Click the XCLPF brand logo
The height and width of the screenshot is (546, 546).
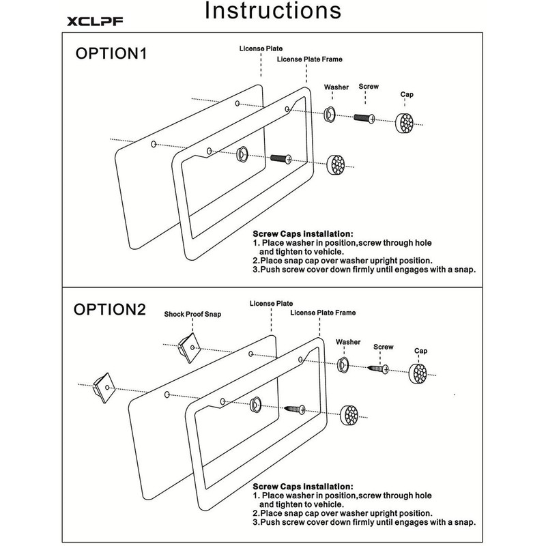(x=95, y=21)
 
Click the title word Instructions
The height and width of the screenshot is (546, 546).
(x=272, y=10)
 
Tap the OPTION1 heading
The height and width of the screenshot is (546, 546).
(x=111, y=53)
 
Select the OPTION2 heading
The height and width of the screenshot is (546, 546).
(x=110, y=309)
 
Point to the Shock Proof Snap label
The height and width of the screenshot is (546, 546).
(x=192, y=314)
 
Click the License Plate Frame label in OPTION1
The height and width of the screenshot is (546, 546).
(x=310, y=59)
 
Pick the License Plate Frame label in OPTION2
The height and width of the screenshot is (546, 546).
(x=323, y=313)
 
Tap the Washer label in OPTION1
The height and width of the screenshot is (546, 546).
(x=336, y=87)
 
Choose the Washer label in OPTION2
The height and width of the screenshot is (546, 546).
(x=348, y=342)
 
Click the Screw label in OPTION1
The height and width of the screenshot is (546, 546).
(x=369, y=87)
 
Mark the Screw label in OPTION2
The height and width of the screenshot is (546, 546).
(x=384, y=347)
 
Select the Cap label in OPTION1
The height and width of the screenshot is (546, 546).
(x=407, y=94)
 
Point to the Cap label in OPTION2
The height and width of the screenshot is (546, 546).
(x=420, y=351)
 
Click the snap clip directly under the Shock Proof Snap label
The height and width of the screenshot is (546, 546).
(x=190, y=347)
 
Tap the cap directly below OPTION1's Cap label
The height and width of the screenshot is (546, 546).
(x=405, y=123)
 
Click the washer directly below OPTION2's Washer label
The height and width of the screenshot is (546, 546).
(x=343, y=364)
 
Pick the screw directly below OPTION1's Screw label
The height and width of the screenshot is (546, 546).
(x=364, y=118)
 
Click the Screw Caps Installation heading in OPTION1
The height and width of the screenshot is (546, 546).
(x=303, y=234)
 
